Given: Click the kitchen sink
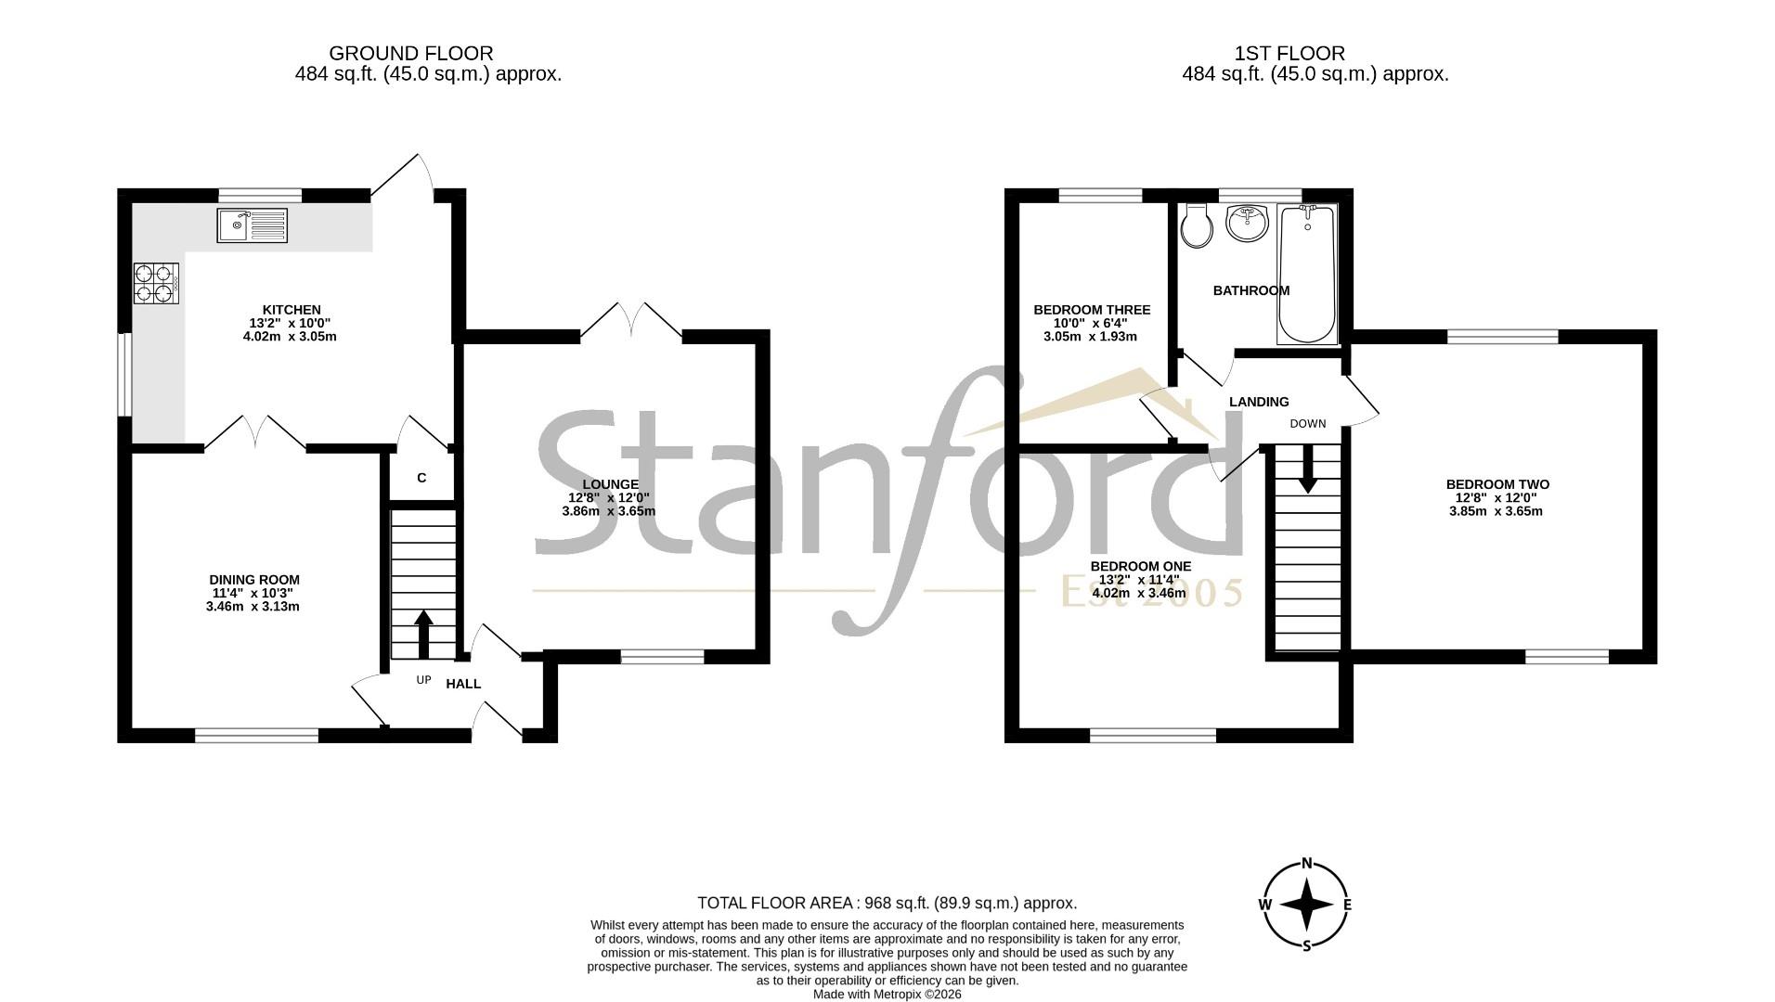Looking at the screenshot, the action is click(252, 225).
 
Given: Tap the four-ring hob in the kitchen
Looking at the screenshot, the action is click(156, 283).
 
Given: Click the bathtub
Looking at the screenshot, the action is click(1307, 275).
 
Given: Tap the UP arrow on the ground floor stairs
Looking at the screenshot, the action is click(423, 634).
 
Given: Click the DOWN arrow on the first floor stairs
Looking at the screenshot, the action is click(1307, 469).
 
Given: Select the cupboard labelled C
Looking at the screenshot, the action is click(421, 478).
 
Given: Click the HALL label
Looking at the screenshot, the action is click(463, 684).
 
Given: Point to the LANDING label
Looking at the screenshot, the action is click(1259, 402).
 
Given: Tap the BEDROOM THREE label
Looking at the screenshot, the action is click(1092, 310).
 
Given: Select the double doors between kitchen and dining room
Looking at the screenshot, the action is click(255, 431).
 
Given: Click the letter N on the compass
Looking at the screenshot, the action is click(1307, 864).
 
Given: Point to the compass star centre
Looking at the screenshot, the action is click(1307, 904).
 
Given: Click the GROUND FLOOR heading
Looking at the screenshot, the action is click(411, 54).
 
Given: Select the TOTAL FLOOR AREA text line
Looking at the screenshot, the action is click(887, 903).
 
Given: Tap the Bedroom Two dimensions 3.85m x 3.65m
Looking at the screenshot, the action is click(1496, 510).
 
